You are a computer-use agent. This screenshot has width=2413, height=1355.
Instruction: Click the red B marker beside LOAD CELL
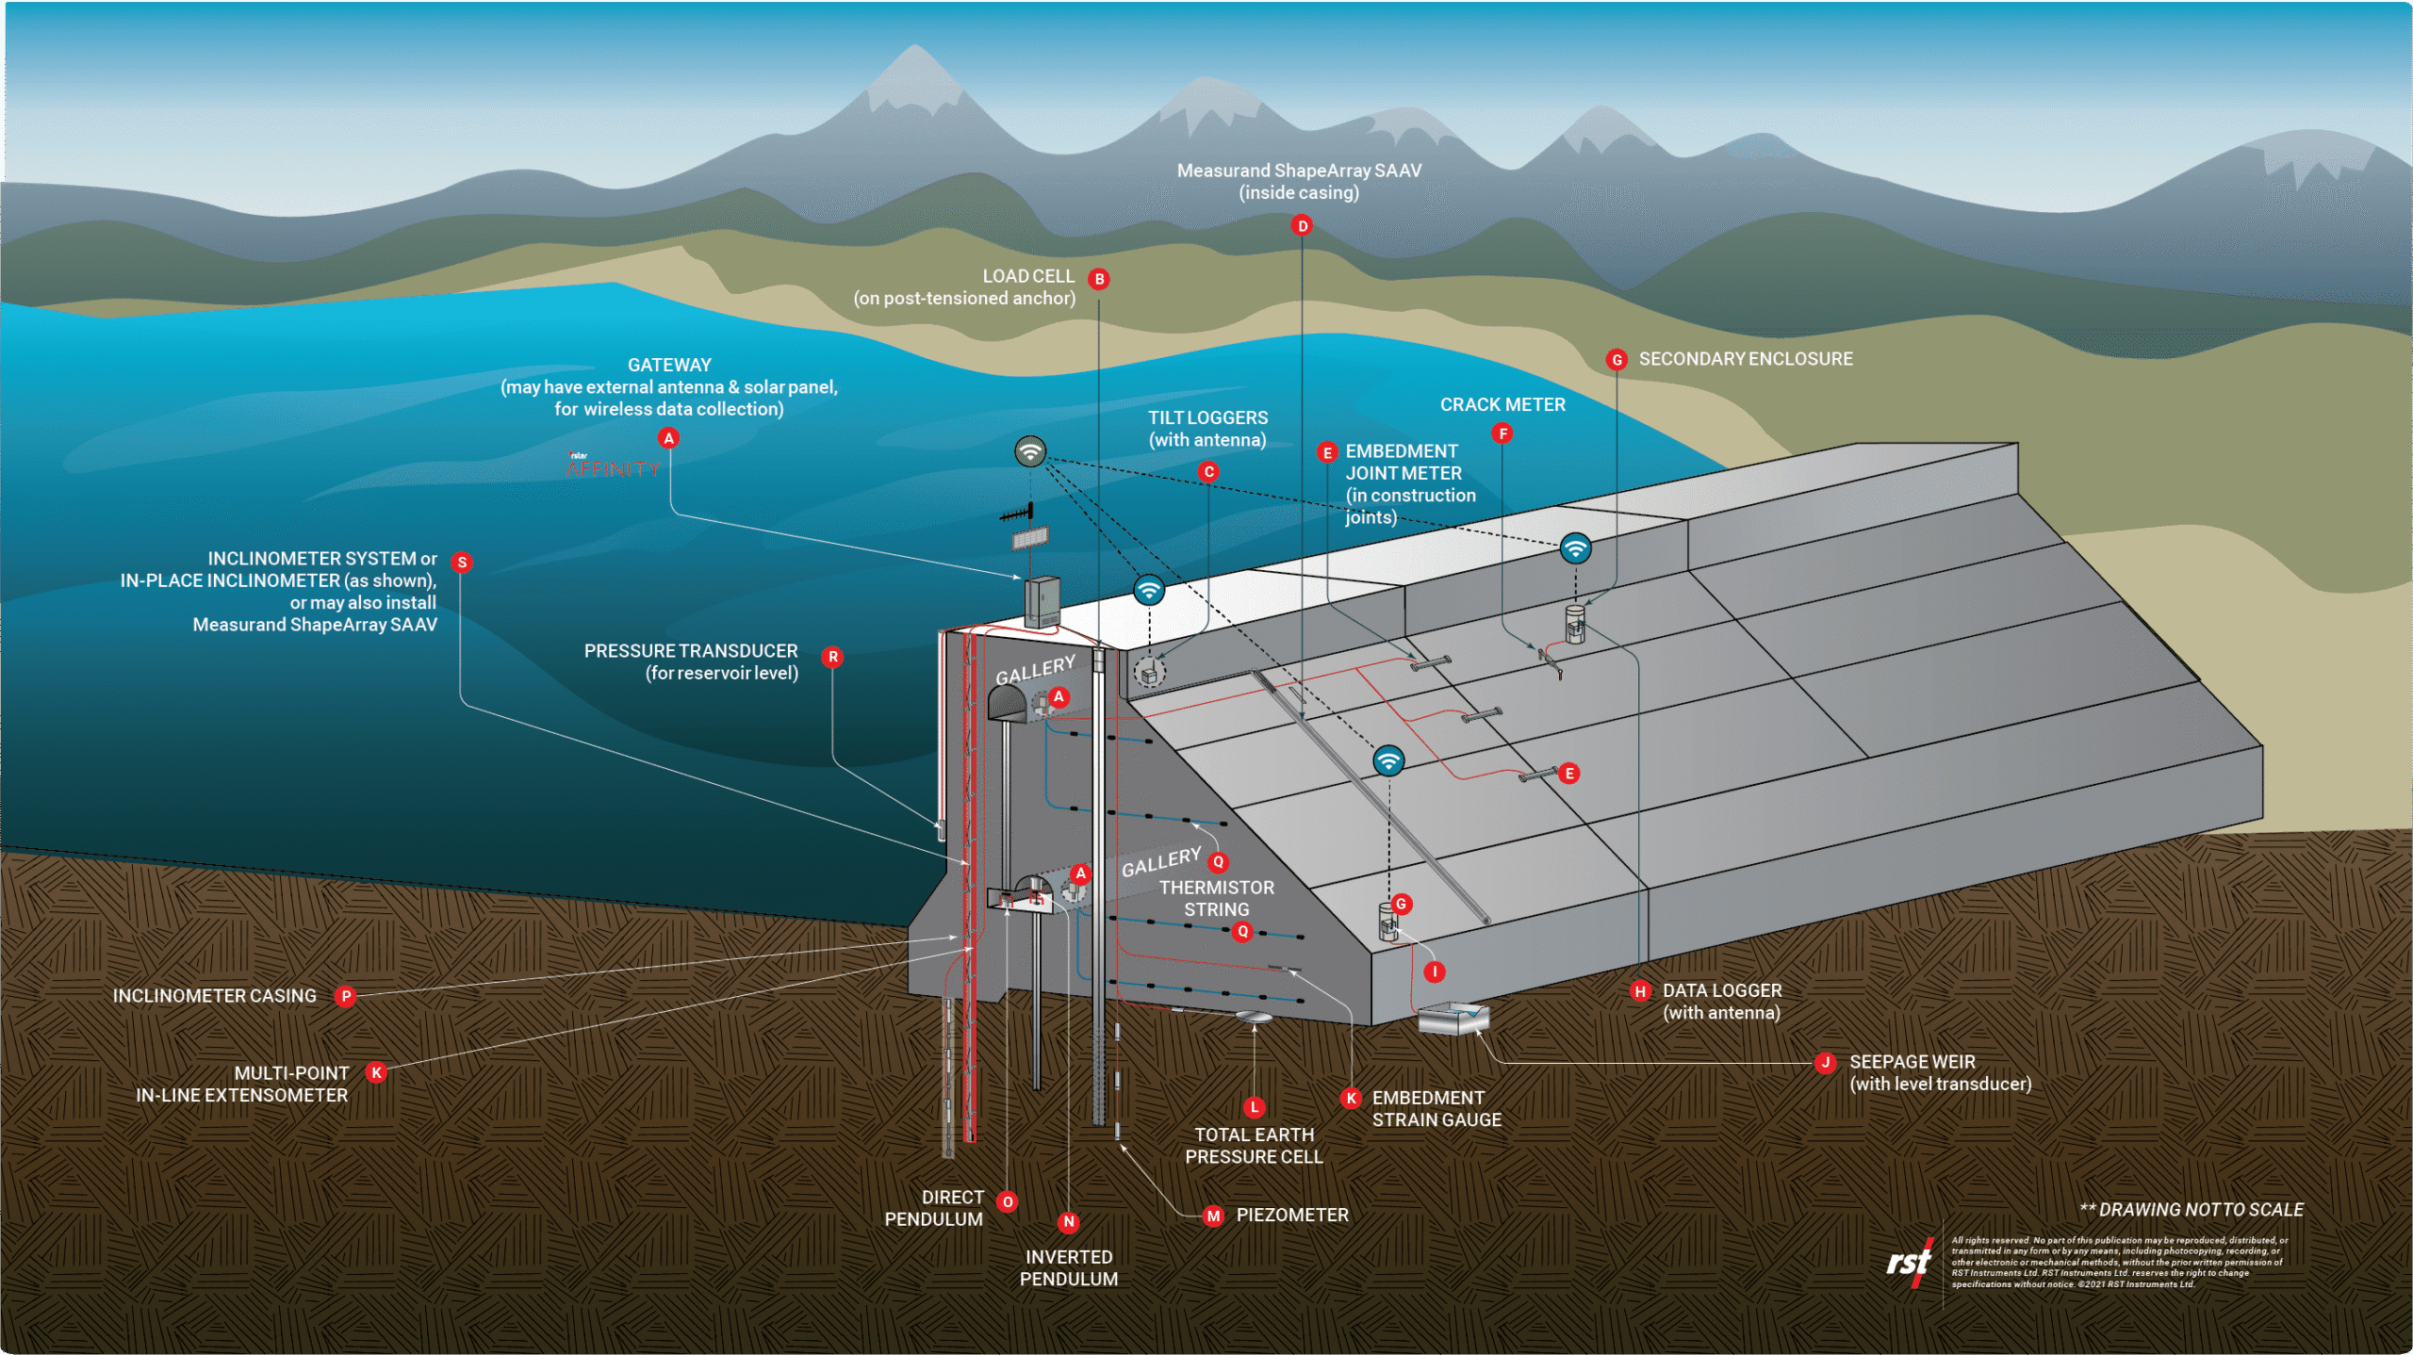pyautogui.click(x=1099, y=279)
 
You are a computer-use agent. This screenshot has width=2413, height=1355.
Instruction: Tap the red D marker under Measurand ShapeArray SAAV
pyautogui.click(x=1303, y=225)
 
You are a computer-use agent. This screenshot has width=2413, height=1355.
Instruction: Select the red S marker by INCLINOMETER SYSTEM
pyautogui.click(x=462, y=563)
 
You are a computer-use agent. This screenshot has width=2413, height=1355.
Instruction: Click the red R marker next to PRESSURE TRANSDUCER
pyautogui.click(x=832, y=657)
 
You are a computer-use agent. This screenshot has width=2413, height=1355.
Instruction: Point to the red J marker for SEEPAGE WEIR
pyautogui.click(x=1826, y=1063)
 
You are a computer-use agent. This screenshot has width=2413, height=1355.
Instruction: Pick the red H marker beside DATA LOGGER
pyautogui.click(x=1641, y=991)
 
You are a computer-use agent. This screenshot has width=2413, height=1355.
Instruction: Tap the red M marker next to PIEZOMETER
pyautogui.click(x=1214, y=1216)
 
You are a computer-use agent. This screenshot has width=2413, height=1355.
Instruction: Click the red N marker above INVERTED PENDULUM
pyautogui.click(x=1068, y=1222)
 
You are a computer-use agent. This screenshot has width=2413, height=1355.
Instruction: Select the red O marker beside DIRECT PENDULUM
pyautogui.click(x=1008, y=1201)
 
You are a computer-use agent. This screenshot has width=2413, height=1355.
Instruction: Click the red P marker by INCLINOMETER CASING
pyautogui.click(x=346, y=996)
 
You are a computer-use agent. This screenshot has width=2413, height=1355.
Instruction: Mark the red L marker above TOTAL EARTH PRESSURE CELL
pyautogui.click(x=1254, y=1108)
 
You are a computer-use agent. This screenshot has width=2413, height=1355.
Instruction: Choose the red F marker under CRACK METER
pyautogui.click(x=1502, y=433)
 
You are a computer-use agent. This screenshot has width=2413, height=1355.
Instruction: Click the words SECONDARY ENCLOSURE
pyautogui.click(x=1746, y=359)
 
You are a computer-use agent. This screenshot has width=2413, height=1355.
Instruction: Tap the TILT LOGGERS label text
pyautogui.click(x=1207, y=429)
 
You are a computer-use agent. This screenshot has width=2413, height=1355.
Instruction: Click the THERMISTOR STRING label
pyautogui.click(x=1217, y=899)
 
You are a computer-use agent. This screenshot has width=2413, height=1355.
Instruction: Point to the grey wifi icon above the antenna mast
pyautogui.click(x=1030, y=451)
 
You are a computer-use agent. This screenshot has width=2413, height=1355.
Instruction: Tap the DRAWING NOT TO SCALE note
pyautogui.click(x=2191, y=1210)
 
